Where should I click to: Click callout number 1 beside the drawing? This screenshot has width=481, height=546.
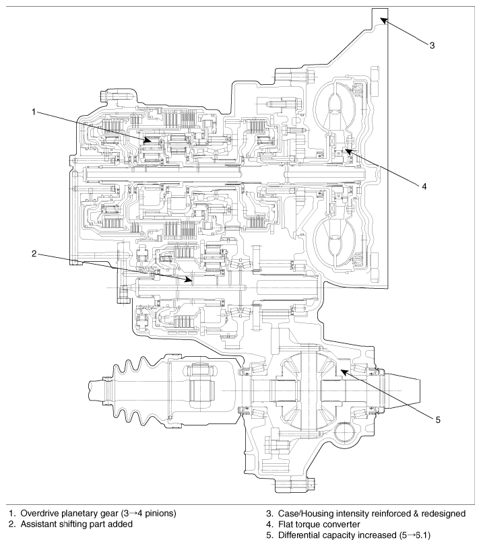34,112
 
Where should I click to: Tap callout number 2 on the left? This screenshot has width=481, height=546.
34,254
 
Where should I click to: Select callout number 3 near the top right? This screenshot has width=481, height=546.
432,45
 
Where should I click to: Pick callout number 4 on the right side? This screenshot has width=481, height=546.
424,186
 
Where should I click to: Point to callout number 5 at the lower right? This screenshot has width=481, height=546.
438,420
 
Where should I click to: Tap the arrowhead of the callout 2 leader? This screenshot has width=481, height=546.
189,279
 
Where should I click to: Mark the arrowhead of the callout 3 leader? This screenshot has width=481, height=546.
384,21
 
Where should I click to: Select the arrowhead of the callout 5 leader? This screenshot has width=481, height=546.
344,372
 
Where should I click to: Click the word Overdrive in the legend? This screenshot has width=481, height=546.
38,513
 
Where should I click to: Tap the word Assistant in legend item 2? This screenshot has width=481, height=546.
38,524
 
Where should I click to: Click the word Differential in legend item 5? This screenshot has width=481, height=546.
297,535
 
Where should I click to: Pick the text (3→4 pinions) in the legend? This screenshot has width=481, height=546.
148,514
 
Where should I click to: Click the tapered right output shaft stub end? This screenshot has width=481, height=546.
404,390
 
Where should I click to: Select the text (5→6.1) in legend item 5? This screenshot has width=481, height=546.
416,535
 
